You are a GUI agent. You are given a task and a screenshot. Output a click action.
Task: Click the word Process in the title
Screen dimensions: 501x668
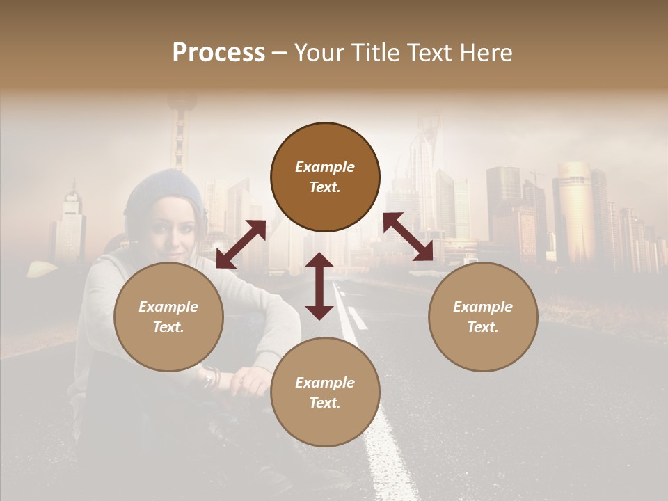click(218, 53)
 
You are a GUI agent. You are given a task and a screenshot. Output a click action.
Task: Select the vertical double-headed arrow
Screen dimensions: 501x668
click(319, 286)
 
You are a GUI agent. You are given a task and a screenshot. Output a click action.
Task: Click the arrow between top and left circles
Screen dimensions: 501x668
click(241, 244)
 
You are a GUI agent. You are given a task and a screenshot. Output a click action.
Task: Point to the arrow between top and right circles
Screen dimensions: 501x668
click(408, 237)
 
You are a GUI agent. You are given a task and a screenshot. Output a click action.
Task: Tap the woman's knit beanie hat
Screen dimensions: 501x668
click(164, 191)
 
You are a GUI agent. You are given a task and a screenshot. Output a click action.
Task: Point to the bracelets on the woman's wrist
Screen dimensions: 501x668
click(211, 378)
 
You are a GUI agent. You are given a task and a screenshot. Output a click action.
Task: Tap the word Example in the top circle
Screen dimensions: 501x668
click(325, 167)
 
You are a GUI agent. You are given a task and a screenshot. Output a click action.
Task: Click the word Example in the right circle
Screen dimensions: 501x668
click(483, 307)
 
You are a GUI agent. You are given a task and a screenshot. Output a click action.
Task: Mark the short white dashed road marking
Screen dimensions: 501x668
click(357, 318)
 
